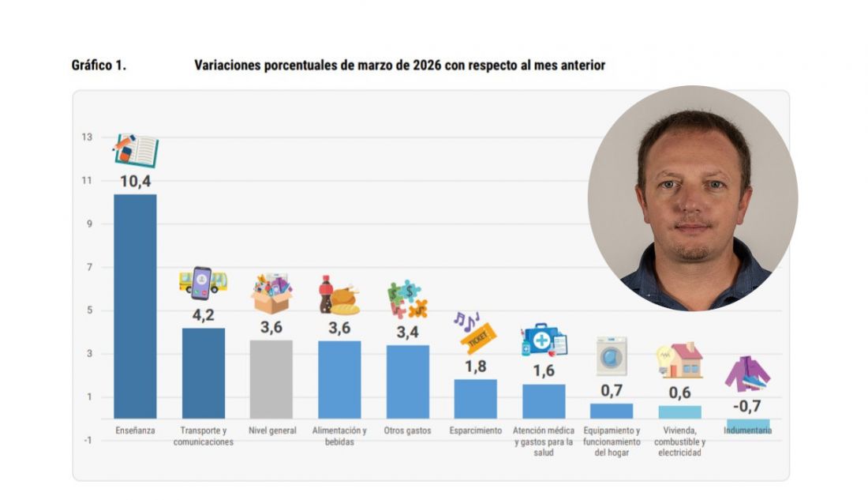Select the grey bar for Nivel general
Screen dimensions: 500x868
click(271, 379)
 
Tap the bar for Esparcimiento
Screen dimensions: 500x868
click(475, 399)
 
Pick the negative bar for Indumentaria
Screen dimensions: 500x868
click(747, 424)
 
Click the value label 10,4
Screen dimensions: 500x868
click(135, 182)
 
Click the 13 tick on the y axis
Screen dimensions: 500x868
click(85, 137)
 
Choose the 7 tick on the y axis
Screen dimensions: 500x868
click(87, 267)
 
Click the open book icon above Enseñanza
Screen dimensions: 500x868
click(136, 150)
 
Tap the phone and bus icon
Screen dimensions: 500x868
click(203, 280)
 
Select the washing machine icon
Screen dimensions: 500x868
click(612, 355)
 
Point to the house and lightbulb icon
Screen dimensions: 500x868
click(679, 361)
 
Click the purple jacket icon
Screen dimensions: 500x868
click(746, 374)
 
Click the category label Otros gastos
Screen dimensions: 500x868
click(407, 431)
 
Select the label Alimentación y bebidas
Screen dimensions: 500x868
click(339, 436)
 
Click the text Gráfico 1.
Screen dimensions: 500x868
click(99, 66)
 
